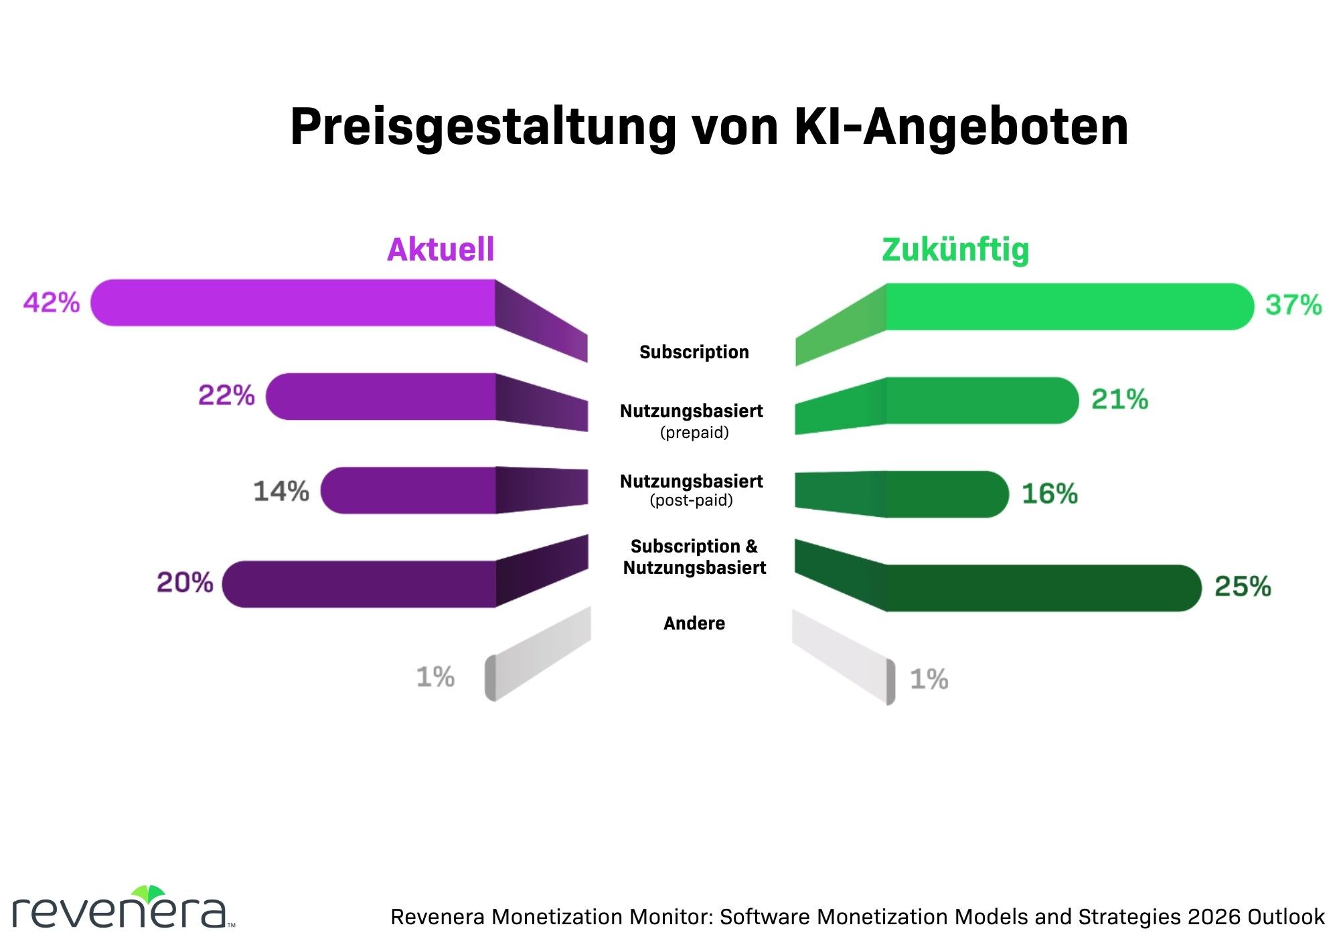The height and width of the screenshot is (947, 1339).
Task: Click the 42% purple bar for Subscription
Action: (295, 303)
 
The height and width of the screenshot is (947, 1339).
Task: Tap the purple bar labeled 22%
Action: (382, 396)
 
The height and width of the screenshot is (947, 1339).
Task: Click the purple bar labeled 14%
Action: (408, 490)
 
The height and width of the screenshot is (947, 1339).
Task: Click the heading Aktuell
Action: (441, 249)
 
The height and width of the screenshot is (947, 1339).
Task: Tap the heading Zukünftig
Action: (955, 250)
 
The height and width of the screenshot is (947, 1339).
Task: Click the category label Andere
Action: (694, 624)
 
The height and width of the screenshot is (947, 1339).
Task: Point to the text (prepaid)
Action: (694, 433)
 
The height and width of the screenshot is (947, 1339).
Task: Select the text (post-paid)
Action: (692, 500)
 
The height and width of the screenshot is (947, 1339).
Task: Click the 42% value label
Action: (52, 303)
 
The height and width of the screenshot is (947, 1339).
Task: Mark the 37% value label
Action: (1293, 305)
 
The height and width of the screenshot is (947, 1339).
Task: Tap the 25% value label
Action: (1243, 587)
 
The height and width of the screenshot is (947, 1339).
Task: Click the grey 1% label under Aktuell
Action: (435, 677)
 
